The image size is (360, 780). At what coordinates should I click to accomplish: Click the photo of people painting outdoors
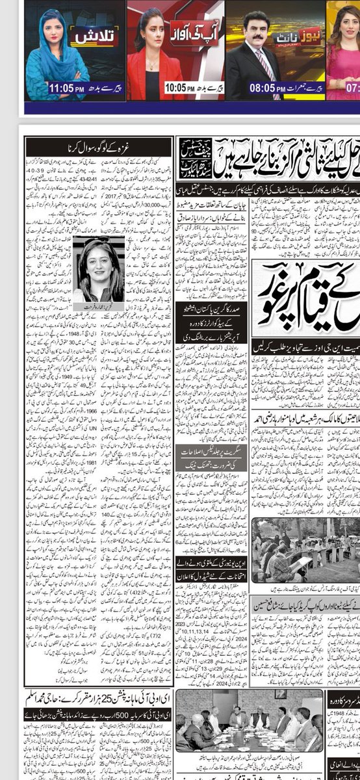click(305, 549)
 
